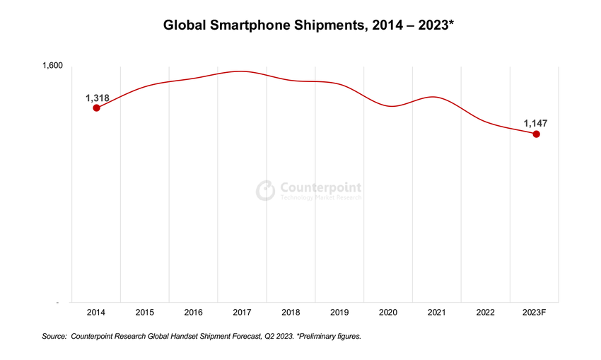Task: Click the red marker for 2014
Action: pos(96,108)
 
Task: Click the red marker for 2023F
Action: pos(536,134)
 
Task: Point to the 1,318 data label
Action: pos(98,98)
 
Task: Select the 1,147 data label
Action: pos(535,124)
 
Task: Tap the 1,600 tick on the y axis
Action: pos(52,66)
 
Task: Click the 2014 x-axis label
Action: pos(96,312)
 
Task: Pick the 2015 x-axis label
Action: pos(145,312)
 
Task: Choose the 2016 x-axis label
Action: pos(194,312)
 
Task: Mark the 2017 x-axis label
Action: pos(243,312)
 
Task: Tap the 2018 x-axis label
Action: pos(291,312)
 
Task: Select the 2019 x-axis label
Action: pos(340,312)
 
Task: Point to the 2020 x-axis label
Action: pos(389,312)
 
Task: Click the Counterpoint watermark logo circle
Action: pos(265,190)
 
